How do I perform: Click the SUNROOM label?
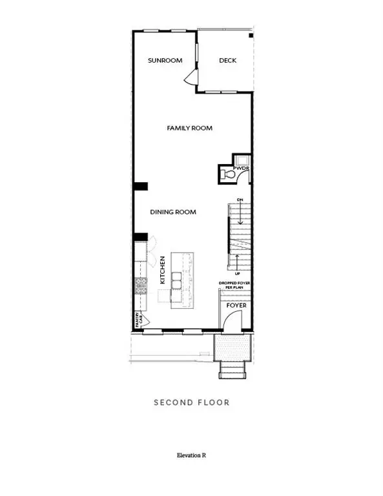pos(165,61)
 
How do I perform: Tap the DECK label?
pos(227,61)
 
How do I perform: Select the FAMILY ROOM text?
pos(190,129)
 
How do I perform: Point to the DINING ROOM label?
pos(173,212)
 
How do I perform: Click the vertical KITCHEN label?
pos(163,271)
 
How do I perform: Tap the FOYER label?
pos(236,305)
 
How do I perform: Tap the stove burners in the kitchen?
pos(140,285)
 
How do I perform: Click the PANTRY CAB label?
pos(138,318)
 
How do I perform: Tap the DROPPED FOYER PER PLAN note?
pos(235,285)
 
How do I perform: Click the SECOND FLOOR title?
pos(191,402)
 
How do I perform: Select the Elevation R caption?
pos(191,456)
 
